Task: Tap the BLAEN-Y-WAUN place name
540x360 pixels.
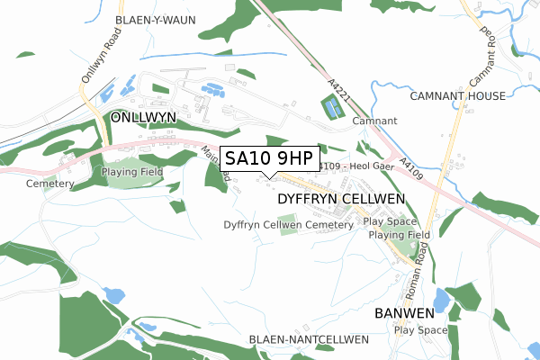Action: click(150, 19)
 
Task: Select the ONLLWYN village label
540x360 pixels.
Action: click(143, 118)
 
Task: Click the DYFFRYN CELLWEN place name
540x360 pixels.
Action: click(341, 197)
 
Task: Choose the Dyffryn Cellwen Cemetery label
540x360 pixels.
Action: click(288, 224)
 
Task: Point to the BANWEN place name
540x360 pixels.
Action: click(404, 313)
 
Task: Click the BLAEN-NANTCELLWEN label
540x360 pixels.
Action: click(309, 339)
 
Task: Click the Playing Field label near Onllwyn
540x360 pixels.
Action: click(130, 172)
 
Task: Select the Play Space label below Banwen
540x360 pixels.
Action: click(420, 330)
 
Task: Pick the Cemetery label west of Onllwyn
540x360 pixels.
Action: click(49, 184)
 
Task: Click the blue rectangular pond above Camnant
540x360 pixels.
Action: click(333, 109)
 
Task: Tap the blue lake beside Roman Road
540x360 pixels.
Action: click(441, 299)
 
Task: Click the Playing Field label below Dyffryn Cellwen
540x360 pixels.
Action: click(399, 235)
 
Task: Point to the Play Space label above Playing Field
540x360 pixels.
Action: click(390, 220)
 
